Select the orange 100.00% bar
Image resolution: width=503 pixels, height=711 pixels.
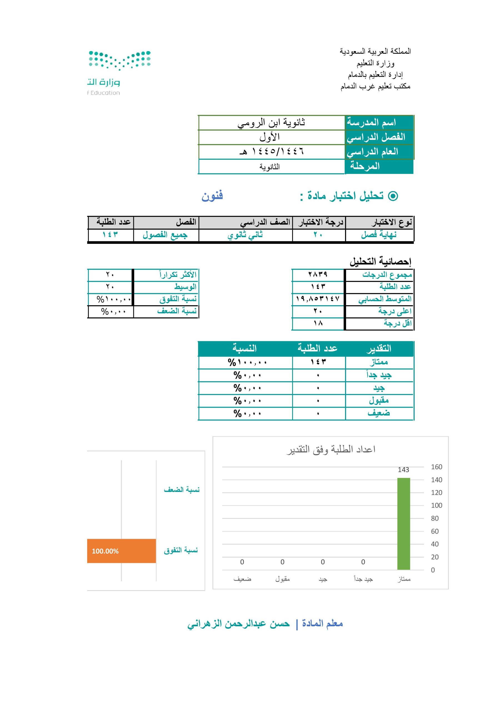pos(121,551)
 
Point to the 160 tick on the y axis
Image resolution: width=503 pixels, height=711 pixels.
pos(436,467)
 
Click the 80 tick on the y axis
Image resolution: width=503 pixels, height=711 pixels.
pos(435,518)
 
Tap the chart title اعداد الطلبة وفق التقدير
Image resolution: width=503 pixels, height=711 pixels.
pos(331,449)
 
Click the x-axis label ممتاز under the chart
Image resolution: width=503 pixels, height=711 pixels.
pos(404,579)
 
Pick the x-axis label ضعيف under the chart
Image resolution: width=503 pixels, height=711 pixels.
pos(242,579)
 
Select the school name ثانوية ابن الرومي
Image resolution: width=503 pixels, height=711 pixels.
pos(271,123)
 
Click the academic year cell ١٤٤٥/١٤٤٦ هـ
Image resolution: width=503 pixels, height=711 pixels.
pos(272,151)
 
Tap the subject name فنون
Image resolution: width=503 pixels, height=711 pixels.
pos(212,196)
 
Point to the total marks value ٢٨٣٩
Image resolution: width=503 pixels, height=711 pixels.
pos(318,274)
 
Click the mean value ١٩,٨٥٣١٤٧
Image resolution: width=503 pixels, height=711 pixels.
pos(318,299)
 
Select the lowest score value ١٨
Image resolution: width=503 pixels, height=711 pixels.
pos(318,323)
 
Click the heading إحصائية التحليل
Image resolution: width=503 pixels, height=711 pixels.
pos(380,262)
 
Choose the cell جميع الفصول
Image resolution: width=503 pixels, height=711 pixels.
pos(165,235)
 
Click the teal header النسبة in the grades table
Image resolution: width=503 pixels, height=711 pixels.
pos(245,348)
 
